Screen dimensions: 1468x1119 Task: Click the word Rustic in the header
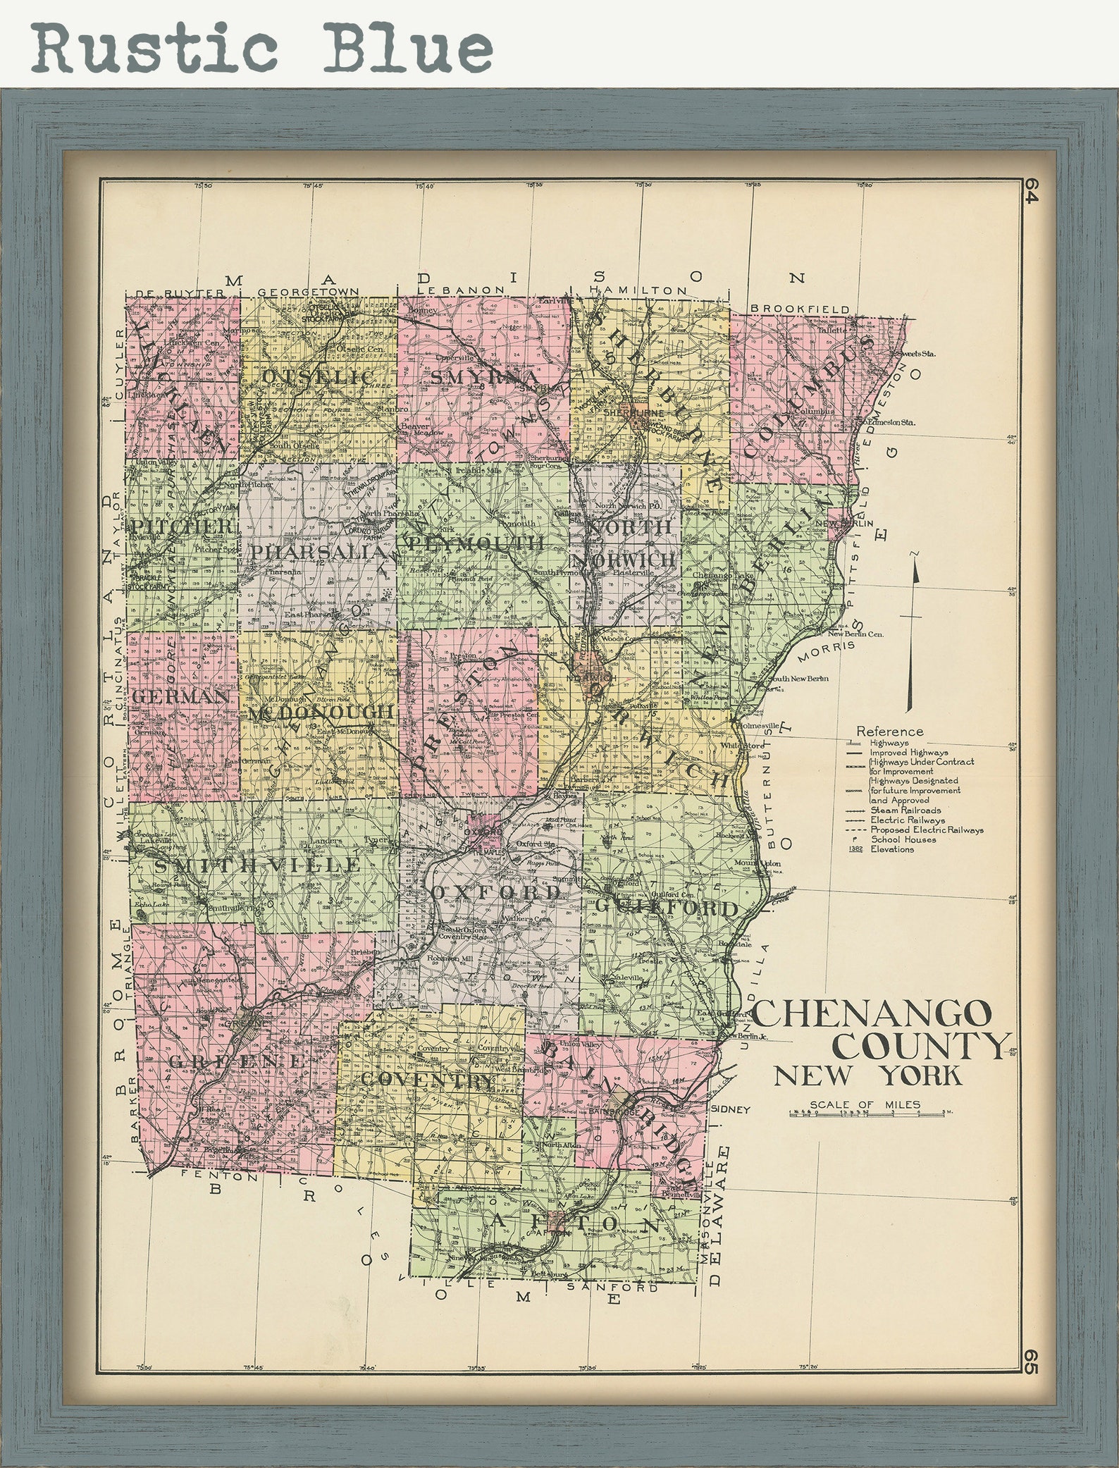[155, 48]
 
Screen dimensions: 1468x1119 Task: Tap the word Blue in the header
[409, 48]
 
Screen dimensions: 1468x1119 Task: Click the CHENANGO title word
[872, 1014]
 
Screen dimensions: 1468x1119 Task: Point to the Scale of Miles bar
[870, 1114]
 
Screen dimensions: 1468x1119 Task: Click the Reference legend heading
[889, 732]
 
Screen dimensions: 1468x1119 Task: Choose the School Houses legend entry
[903, 839]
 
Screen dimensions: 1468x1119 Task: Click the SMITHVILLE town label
[257, 865]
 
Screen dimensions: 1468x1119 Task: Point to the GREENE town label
[237, 1061]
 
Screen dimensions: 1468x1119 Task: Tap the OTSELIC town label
[317, 378]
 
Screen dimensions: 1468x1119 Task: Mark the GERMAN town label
[180, 696]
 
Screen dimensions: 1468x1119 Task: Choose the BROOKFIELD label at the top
[799, 309]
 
